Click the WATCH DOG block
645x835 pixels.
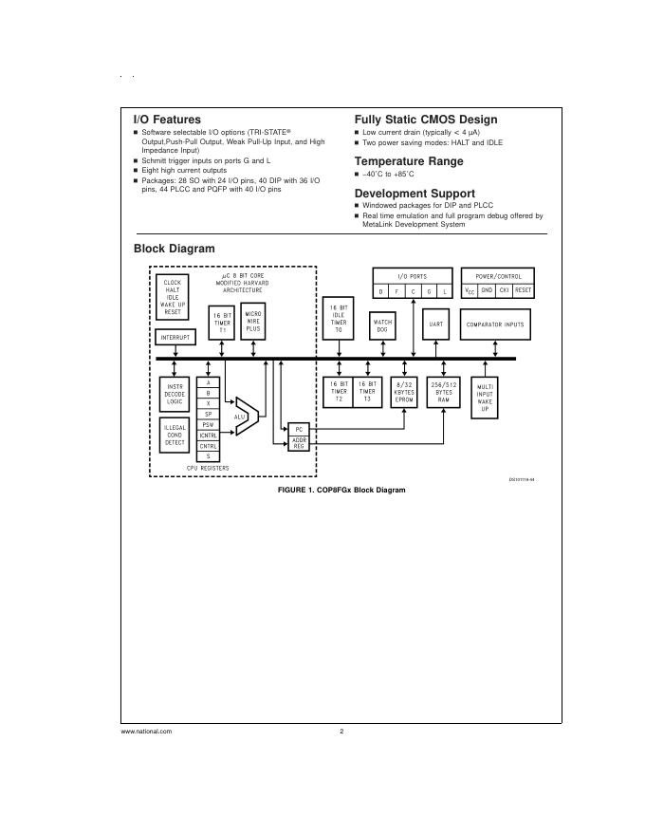382,325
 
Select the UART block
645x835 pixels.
435,325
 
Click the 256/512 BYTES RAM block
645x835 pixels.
443,391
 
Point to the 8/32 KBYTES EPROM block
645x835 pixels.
404,391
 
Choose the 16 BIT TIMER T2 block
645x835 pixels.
339,391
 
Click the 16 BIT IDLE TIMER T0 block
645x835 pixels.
339,318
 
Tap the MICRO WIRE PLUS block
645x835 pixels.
253,321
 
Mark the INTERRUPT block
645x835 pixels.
175,337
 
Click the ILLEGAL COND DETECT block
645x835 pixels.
175,435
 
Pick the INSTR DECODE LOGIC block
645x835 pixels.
175,394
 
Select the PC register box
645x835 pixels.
299,430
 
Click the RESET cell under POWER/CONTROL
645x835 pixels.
523,290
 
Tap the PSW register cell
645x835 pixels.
208,425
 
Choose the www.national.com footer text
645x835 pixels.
147,732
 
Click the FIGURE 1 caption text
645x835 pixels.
341,490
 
